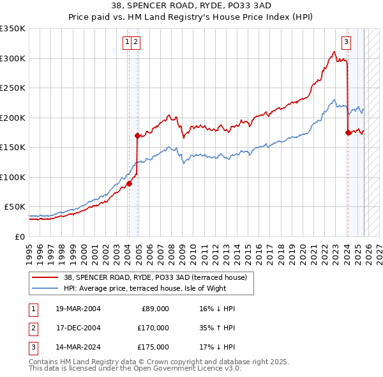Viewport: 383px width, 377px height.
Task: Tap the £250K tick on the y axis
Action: pos(13,88)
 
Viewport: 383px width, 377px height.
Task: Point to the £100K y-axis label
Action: pos(13,177)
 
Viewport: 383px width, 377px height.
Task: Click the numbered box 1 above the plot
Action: pos(128,43)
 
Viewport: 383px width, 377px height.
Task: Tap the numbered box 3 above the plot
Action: pos(346,43)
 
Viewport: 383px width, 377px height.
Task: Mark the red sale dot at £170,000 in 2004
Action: pos(137,135)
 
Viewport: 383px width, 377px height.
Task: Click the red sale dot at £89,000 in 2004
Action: pos(128,183)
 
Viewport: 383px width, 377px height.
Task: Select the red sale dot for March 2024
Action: pos(348,133)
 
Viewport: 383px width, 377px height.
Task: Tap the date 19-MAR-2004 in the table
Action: pos(79,309)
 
